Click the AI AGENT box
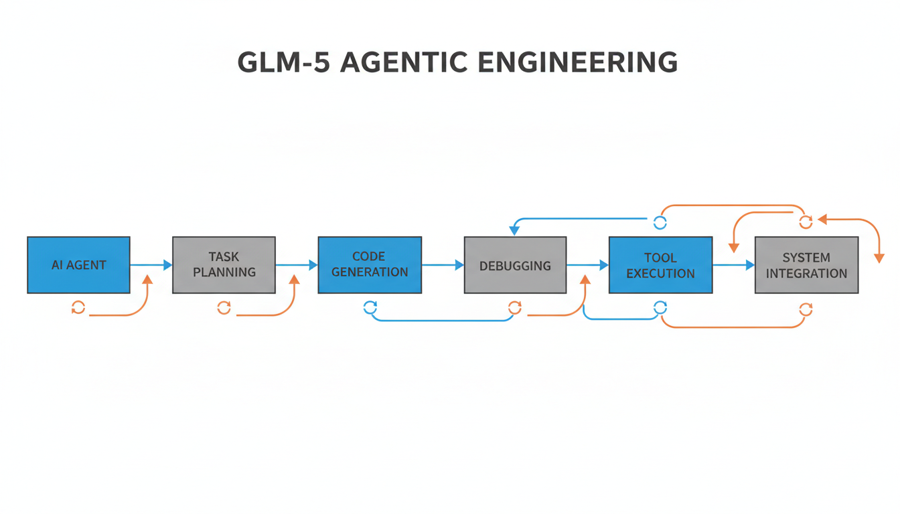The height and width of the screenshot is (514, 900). coord(78,265)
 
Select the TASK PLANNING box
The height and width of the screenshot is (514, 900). coord(224,265)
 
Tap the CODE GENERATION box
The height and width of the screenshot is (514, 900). coord(370,265)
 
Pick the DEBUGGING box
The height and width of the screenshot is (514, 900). coord(515,265)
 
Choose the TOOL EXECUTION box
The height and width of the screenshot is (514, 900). coord(660,265)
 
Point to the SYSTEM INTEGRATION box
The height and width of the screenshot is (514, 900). coord(806,265)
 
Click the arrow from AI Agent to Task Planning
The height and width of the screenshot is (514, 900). coord(151,265)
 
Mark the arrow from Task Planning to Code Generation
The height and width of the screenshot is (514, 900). coord(297,265)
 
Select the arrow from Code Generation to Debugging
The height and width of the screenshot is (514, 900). coord(443,265)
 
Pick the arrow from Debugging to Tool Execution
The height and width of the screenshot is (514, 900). coord(588,265)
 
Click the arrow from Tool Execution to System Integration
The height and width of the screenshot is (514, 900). coord(734,265)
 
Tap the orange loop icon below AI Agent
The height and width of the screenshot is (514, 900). coord(78,308)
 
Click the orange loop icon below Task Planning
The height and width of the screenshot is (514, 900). coord(224,308)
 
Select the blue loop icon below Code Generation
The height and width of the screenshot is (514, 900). coord(370,308)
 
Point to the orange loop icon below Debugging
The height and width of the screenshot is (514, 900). coord(515,308)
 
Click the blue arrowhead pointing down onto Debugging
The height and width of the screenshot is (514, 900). coord(514,230)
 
